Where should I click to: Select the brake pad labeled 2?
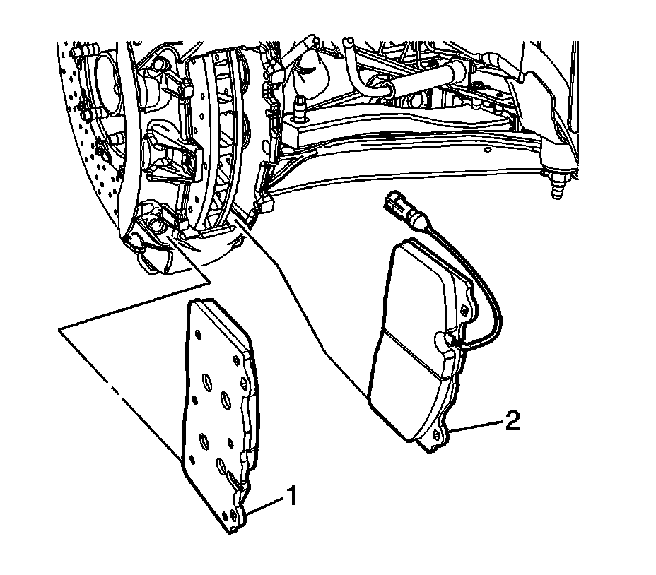pyautogui.click(x=414, y=339)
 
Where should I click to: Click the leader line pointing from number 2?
pyautogui.click(x=477, y=426)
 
